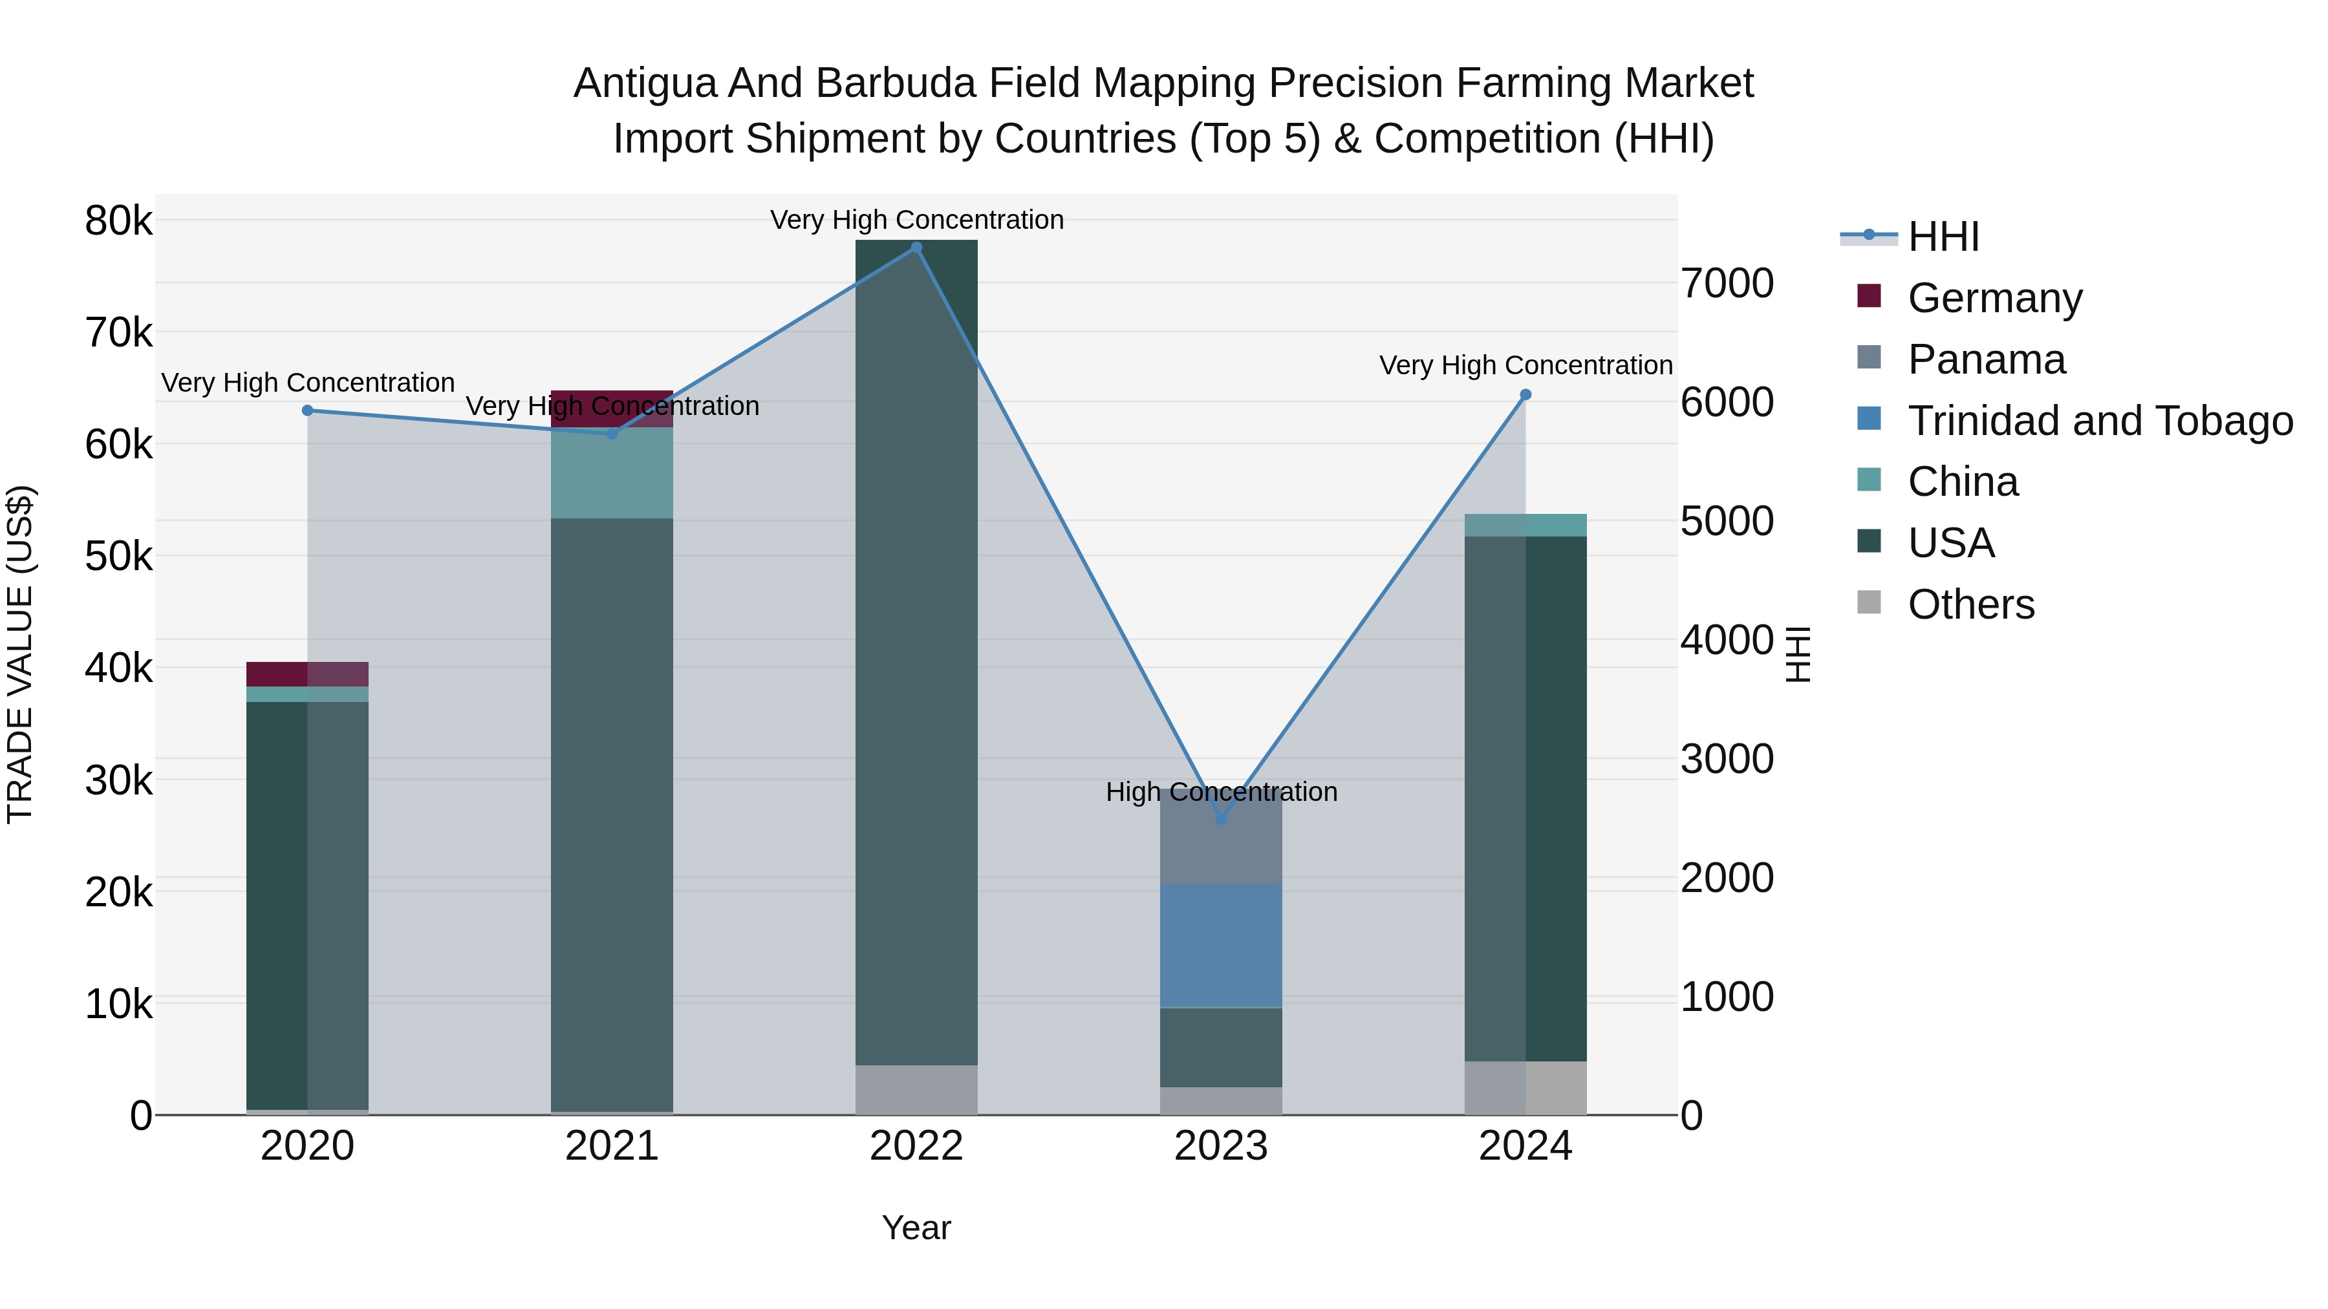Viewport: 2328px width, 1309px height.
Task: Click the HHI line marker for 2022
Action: [916, 248]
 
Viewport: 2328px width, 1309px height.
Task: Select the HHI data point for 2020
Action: [307, 410]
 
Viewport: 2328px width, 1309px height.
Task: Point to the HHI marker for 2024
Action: [1525, 395]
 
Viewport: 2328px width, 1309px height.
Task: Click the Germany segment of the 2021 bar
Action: [612, 409]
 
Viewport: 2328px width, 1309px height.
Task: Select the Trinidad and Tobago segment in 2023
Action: [1221, 945]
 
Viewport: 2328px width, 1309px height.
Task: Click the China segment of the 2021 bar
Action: [612, 473]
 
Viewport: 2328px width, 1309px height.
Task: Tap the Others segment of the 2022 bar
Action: [916, 1089]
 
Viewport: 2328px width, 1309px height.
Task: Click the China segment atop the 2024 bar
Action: [1525, 525]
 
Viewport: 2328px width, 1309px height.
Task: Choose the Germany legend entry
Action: [1994, 298]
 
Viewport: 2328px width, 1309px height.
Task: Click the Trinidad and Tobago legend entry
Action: [2099, 421]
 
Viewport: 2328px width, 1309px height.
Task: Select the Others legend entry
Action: [1970, 604]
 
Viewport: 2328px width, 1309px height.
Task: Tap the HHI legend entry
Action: [1943, 237]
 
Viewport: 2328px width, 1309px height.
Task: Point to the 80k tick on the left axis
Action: [118, 220]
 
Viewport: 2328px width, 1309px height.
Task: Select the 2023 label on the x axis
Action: [1221, 1146]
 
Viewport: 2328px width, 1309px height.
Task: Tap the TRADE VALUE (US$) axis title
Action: [20, 654]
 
